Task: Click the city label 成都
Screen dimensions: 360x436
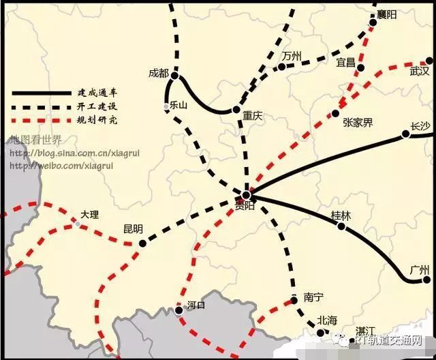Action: tap(157, 72)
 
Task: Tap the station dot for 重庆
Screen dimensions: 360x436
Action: tap(236, 109)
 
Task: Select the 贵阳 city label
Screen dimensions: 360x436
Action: tap(245, 205)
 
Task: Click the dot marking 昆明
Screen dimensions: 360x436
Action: tap(142, 243)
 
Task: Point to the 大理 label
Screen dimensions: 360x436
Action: tap(89, 214)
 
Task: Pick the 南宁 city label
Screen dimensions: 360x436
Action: tap(313, 298)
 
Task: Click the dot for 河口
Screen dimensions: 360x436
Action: tap(178, 310)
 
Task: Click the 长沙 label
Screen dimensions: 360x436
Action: tap(420, 125)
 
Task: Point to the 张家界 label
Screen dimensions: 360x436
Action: tap(358, 123)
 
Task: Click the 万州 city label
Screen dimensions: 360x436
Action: tap(292, 55)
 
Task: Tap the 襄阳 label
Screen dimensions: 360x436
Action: tap(386, 14)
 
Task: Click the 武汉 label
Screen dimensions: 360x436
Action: tap(420, 71)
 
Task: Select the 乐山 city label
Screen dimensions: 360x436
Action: tap(178, 105)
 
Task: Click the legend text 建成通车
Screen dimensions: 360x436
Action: tap(98, 92)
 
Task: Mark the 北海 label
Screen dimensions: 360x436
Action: tap(327, 320)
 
